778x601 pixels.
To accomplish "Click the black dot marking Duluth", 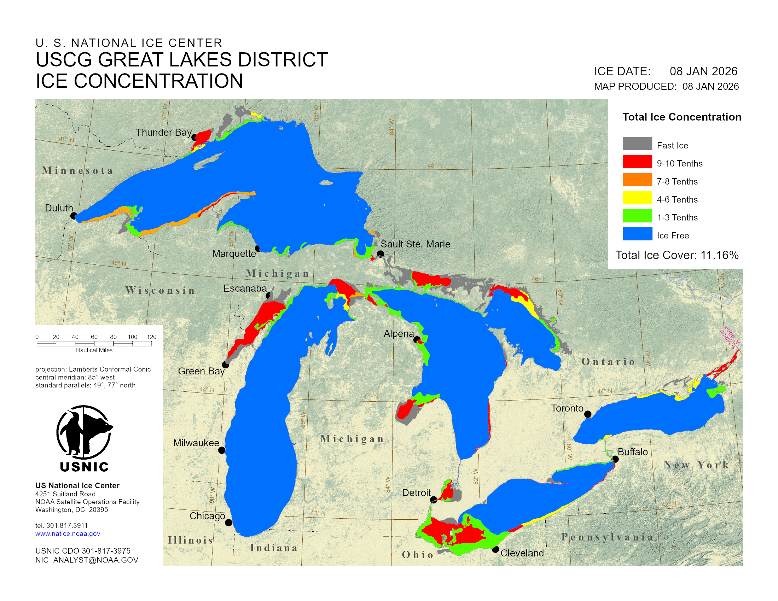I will [74, 216].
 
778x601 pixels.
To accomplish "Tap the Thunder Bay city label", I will [163, 133].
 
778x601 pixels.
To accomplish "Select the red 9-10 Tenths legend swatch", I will [637, 162].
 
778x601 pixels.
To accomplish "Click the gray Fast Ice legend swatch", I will [637, 144].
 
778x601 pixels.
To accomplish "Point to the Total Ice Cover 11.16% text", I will [677, 255].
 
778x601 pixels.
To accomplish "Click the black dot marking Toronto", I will [588, 414].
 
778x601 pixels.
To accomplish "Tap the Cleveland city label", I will [522, 553].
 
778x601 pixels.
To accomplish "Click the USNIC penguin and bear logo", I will [85, 432].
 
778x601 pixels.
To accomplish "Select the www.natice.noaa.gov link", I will [68, 534].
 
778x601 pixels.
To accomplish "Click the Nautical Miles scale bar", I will [94, 344].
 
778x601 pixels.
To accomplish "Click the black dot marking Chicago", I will [229, 523].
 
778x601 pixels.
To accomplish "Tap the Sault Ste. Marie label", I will [416, 244].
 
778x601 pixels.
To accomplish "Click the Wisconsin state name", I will [160, 291].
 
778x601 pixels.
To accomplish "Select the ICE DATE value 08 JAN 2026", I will [703, 71].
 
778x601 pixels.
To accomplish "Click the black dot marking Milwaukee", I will [222, 450].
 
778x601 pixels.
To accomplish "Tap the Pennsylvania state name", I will [607, 537].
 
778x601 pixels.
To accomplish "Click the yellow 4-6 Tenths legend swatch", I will [637, 198].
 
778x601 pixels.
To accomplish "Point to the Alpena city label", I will [399, 334].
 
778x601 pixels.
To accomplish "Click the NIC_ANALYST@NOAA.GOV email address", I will [87, 560].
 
